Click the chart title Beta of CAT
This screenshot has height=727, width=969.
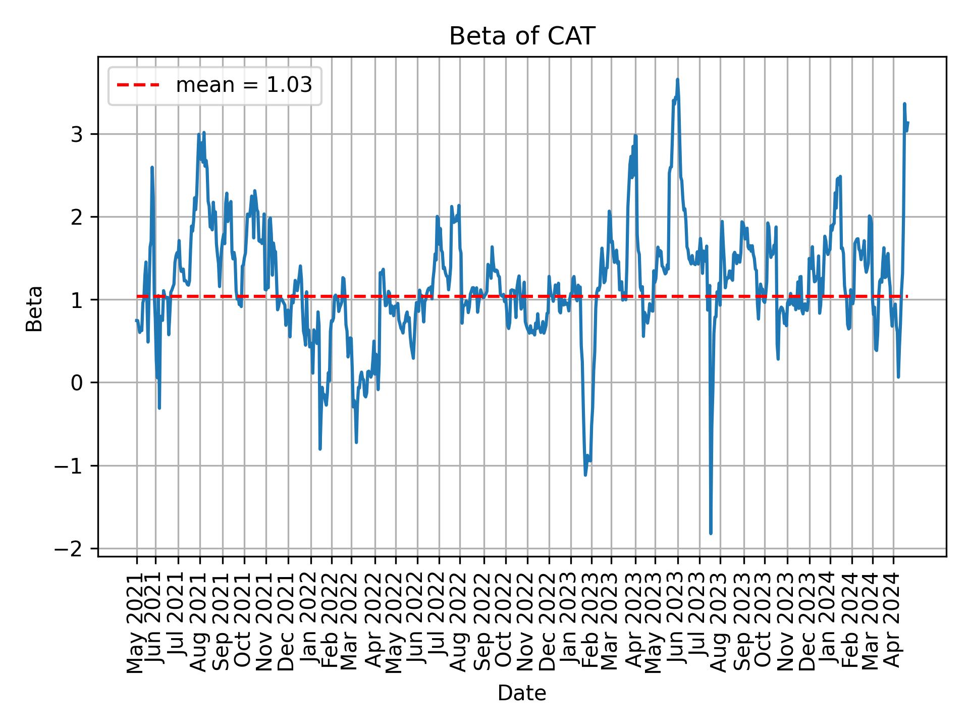coord(522,36)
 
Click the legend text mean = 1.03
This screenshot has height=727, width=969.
coord(244,85)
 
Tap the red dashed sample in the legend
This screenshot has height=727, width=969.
coord(138,85)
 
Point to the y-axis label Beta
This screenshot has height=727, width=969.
coord(34,308)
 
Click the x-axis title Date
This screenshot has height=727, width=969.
coord(522,693)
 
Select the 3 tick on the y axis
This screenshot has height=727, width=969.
coord(77,134)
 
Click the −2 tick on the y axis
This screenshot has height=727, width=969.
coord(70,549)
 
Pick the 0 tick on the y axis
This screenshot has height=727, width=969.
coord(77,383)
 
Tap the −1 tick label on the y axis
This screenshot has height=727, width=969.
coord(70,465)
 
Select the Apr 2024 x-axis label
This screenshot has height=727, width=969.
coord(893,626)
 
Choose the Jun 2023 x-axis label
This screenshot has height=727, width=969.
coord(677,626)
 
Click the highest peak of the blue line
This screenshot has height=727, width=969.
coord(677,79)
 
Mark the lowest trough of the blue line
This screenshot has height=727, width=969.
coord(711,533)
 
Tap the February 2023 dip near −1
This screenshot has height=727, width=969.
coord(585,474)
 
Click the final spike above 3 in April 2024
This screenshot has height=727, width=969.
coord(904,104)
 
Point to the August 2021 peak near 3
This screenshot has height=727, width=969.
coord(203,133)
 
